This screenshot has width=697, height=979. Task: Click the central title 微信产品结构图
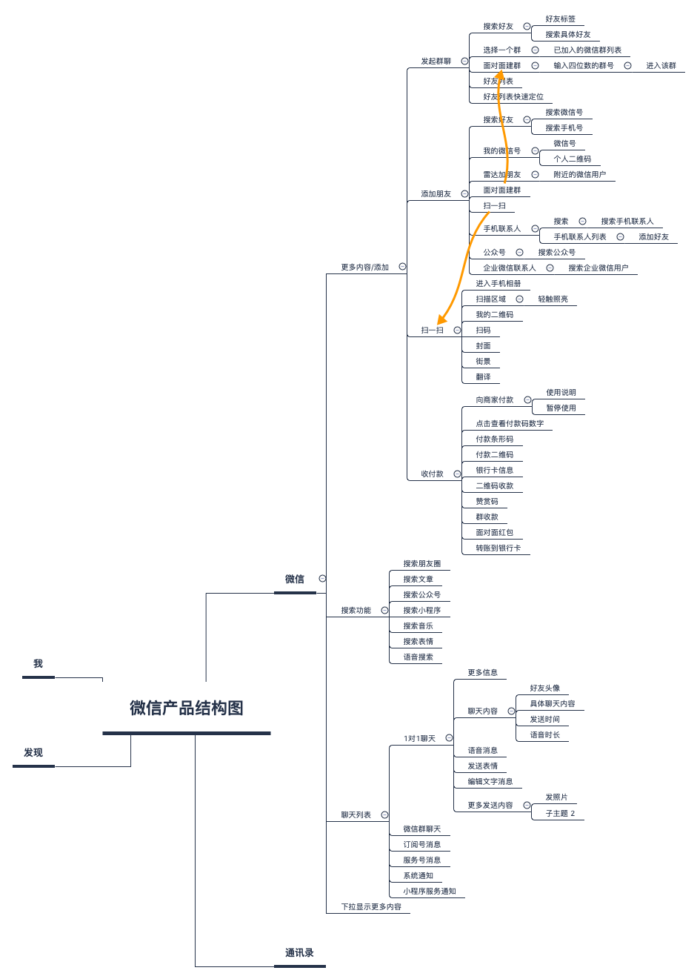coord(187,708)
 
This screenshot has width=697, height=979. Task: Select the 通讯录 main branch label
coord(299,953)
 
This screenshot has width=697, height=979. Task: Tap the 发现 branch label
coord(33,753)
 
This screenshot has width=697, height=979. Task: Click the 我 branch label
coord(38,664)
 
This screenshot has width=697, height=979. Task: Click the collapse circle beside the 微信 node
coord(322,579)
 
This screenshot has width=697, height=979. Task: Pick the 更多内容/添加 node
coord(364,268)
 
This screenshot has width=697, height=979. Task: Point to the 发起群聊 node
coord(436,62)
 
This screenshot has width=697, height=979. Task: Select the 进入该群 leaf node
coord(661,66)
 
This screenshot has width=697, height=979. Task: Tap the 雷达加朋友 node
coord(501,175)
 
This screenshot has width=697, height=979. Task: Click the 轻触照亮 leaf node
coord(553,299)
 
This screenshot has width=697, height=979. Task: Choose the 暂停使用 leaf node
coord(561,408)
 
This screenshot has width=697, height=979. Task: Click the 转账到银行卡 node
coord(498,548)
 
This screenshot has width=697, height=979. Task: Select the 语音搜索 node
coord(418,657)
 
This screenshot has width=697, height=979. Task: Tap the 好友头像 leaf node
coord(544,688)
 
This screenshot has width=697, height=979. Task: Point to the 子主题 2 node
coord(560,814)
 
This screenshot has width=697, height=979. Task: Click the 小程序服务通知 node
coord(430,892)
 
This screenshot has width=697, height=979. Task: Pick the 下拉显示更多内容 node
coord(371,907)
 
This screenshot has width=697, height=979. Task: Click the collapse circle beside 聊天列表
coord(384,815)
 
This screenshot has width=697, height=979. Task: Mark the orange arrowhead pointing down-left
coord(442,320)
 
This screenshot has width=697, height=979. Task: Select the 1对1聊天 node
coord(419,739)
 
